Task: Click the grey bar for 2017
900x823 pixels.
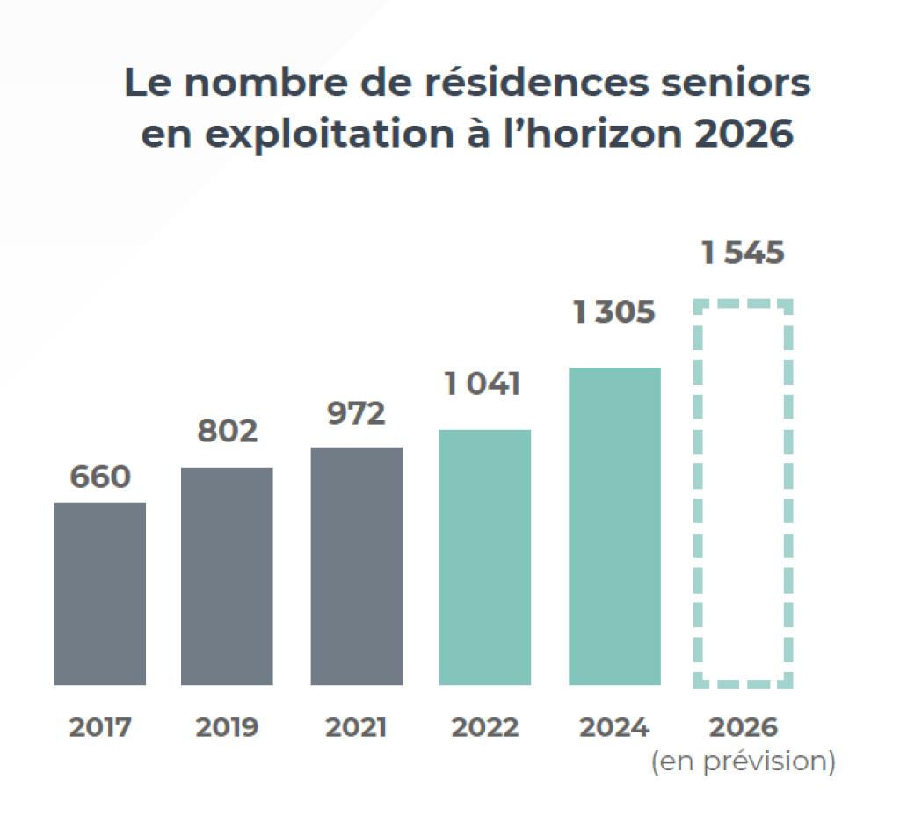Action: (99, 594)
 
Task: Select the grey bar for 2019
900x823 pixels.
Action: (227, 576)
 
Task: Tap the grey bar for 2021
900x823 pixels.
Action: (356, 565)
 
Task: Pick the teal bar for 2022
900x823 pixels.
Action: (484, 557)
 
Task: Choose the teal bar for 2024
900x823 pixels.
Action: (614, 526)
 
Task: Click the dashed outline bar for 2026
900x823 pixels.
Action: (743, 493)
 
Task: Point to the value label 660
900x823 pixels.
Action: (99, 477)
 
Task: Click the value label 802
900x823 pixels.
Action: (227, 432)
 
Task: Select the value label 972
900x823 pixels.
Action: (356, 412)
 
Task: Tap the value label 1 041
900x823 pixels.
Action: (483, 384)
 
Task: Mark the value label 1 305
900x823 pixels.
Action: (614, 312)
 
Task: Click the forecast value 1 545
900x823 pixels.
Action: (743, 253)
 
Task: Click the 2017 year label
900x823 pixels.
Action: (99, 728)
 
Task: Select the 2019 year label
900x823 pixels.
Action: (227, 728)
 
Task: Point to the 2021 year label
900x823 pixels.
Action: (356, 728)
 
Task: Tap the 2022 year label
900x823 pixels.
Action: (484, 728)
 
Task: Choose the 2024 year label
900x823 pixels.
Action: (614, 728)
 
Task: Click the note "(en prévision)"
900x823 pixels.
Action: (743, 761)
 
